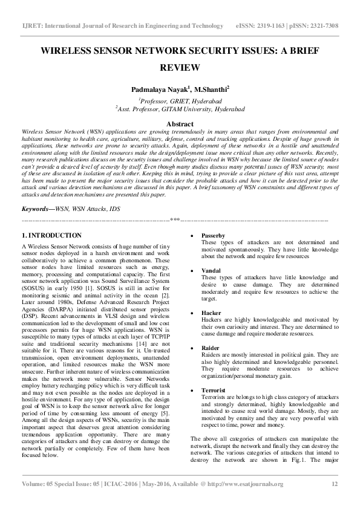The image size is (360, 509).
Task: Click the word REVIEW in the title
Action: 180,68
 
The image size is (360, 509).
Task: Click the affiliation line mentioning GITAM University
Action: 180,109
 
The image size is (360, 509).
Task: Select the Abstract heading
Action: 180,123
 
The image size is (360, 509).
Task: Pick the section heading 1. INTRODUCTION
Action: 51,235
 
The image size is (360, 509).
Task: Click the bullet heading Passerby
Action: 213,235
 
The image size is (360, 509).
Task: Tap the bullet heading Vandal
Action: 211,270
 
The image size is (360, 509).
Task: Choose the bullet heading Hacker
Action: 211,313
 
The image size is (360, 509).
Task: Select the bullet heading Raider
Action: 211,349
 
